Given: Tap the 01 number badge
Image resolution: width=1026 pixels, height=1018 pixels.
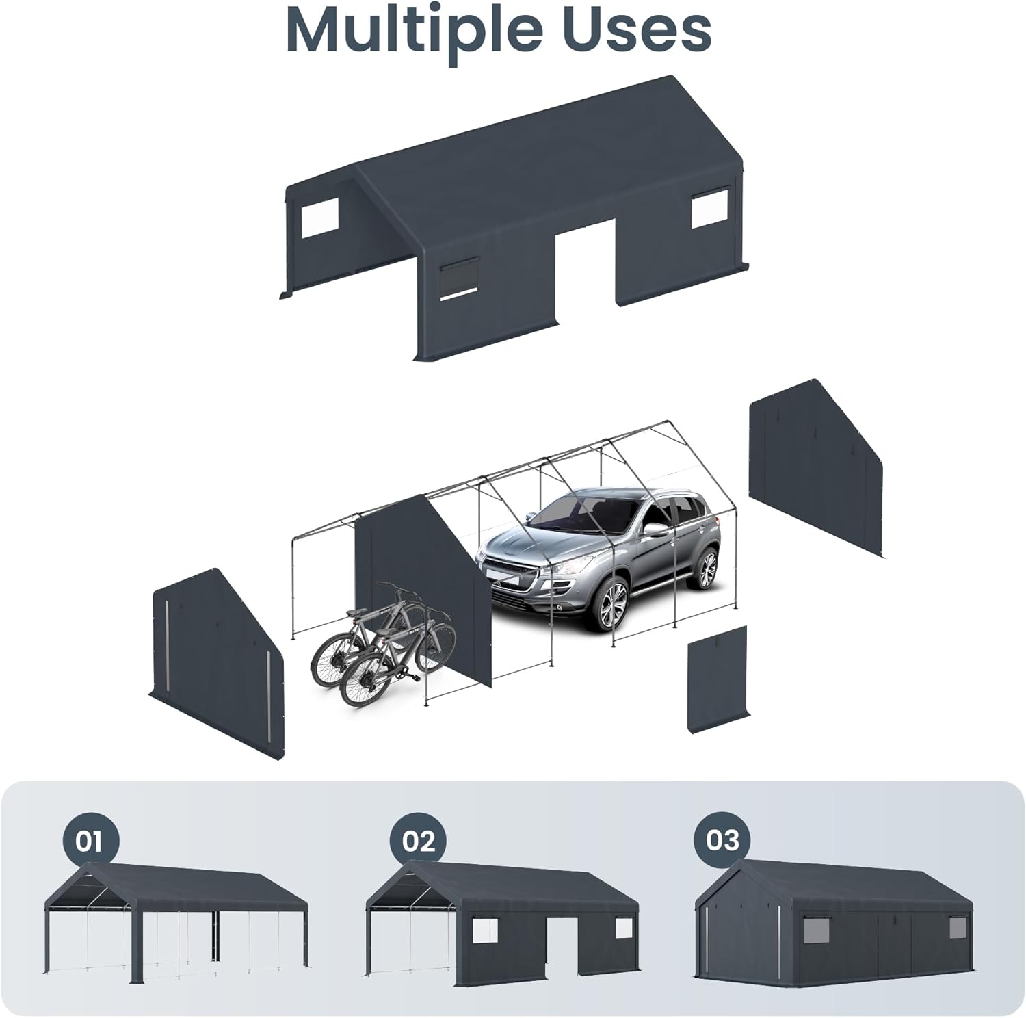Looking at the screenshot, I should pos(88,840).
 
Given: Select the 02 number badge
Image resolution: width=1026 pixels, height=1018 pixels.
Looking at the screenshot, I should pos(419,840).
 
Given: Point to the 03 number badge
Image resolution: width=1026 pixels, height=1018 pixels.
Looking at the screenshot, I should pos(723,839).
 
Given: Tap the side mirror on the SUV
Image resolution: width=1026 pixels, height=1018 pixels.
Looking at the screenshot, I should pos(656,529).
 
